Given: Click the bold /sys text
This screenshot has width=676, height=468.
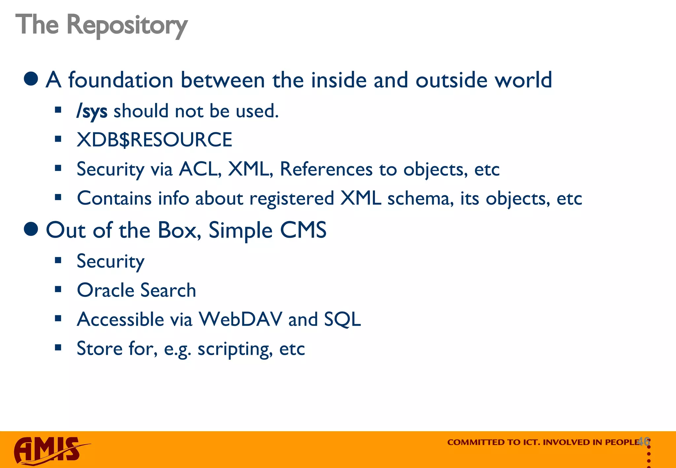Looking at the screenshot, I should (92, 111).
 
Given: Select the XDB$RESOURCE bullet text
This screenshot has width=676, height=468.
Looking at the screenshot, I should (154, 140).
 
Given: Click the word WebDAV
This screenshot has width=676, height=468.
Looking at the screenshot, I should (240, 319).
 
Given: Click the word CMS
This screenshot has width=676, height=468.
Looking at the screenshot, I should (303, 230).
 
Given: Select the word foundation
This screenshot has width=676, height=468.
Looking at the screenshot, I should (120, 80).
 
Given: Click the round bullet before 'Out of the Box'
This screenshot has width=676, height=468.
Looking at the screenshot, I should (31, 229).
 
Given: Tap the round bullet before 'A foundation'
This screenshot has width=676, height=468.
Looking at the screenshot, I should (31, 79).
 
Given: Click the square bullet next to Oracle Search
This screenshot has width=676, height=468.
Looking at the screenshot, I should (58, 289).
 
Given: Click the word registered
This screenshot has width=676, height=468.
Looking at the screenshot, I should (292, 198).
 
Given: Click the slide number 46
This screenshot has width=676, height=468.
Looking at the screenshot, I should (644, 441).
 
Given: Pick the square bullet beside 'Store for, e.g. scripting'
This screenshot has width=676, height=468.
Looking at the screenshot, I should (58, 348).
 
